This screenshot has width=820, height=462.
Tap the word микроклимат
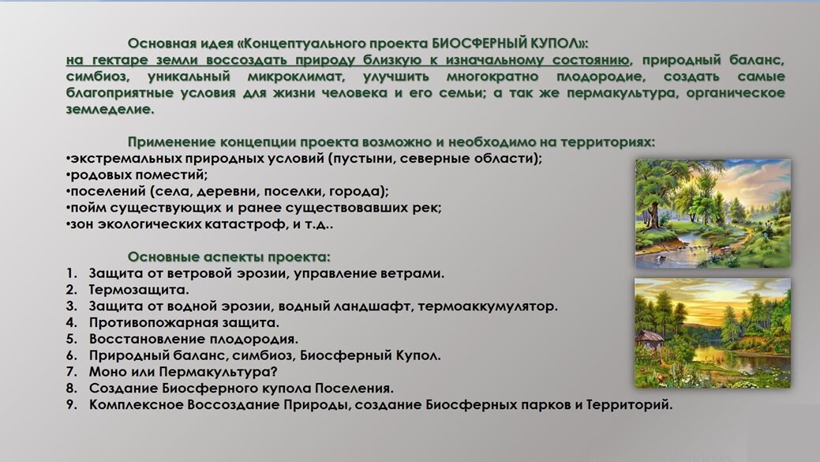[x=305, y=77]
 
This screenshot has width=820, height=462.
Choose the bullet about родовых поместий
[x=138, y=175]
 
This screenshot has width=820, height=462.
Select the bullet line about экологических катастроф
[x=200, y=224]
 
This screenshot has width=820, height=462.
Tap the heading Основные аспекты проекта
[x=229, y=257]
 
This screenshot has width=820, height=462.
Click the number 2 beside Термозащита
[x=71, y=290]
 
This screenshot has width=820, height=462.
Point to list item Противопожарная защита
[x=184, y=322]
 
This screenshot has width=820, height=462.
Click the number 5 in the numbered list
[x=71, y=339]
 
